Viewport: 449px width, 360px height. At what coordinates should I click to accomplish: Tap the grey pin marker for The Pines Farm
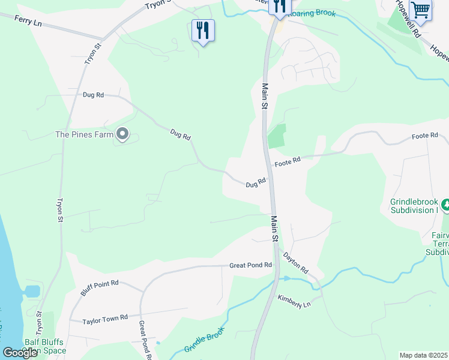122,134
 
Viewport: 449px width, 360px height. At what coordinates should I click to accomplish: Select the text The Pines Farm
84,134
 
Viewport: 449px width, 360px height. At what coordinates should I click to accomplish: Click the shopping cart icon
421,10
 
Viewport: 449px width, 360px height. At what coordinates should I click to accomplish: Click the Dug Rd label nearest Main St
255,183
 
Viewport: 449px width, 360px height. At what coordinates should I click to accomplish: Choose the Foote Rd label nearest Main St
287,163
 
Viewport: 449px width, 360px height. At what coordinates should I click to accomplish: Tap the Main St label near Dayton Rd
274,229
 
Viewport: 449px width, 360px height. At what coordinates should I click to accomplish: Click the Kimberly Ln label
294,301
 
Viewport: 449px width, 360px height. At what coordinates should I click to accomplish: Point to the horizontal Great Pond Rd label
250,265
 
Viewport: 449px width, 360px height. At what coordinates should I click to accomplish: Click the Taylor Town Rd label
106,317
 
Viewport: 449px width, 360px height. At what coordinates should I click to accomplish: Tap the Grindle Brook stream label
204,340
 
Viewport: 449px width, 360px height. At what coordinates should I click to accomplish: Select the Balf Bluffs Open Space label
44,346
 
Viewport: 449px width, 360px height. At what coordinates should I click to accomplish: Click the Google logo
20,353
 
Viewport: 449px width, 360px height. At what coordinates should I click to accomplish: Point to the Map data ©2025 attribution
424,355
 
